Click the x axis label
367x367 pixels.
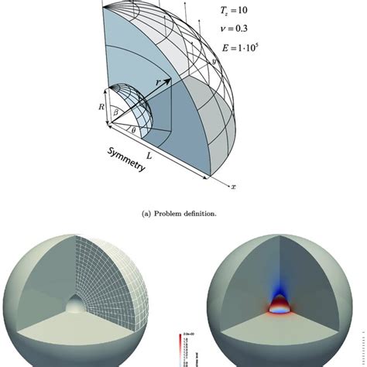coord(235,186)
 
